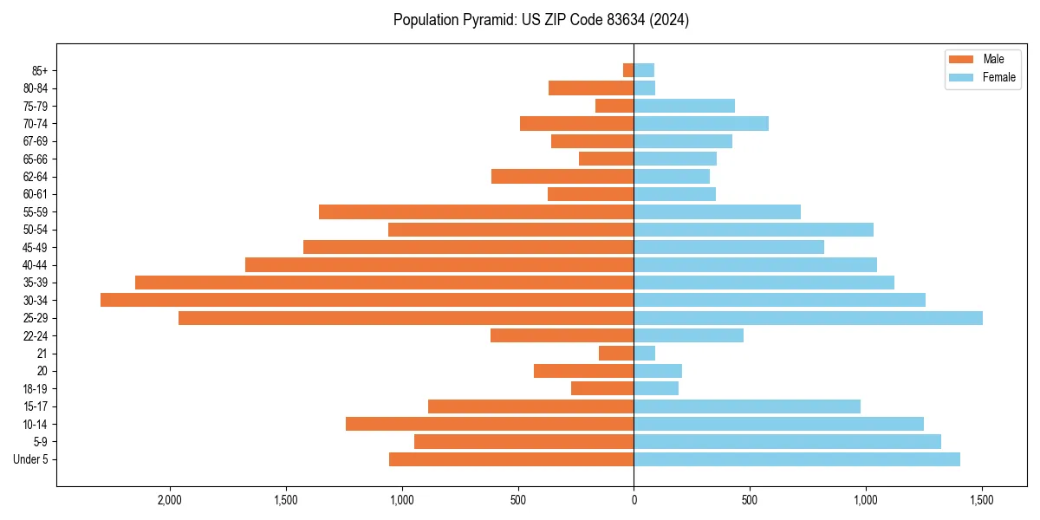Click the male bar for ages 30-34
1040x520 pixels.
[367, 300]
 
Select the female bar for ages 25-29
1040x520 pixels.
[808, 318]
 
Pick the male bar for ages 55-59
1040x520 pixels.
[476, 211]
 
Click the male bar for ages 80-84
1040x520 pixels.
[591, 88]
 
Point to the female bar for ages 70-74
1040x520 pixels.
[701, 123]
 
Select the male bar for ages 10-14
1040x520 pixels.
[490, 424]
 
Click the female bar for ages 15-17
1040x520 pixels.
[747, 406]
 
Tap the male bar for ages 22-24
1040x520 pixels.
[562, 335]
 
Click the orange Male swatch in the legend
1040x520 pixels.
[961, 59]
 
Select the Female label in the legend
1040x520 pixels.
[999, 77]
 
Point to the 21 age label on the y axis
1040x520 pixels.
[42, 354]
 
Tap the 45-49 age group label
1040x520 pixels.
[35, 247]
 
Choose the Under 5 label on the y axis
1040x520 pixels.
[30, 459]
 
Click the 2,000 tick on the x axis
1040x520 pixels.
[170, 501]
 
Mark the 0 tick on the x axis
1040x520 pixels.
[634, 501]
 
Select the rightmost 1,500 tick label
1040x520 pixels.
[982, 501]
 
